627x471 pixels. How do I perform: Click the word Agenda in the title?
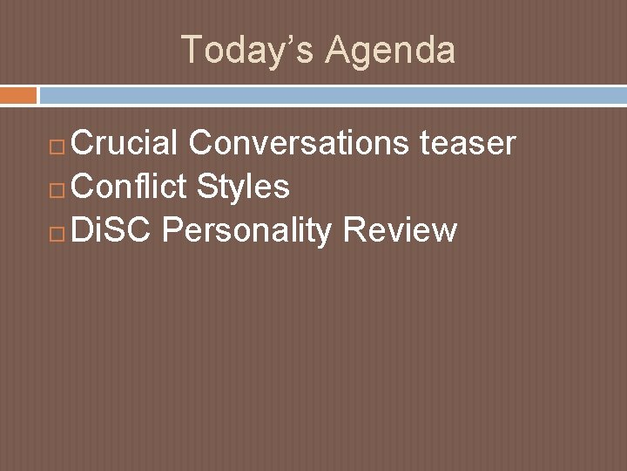tap(390, 50)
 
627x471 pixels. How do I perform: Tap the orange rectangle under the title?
tap(18, 94)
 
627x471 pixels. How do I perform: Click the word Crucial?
tap(125, 143)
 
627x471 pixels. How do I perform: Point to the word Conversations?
tap(300, 143)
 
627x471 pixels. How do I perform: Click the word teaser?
tap(468, 143)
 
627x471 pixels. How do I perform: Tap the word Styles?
tap(243, 187)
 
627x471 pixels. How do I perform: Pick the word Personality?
tap(246, 230)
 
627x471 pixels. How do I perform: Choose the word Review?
tap(400, 230)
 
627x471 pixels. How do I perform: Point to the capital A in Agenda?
tap(338, 50)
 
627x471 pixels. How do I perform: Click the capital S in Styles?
tap(207, 187)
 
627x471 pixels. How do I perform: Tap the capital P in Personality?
tap(171, 230)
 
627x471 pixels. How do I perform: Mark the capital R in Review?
tap(354, 230)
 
